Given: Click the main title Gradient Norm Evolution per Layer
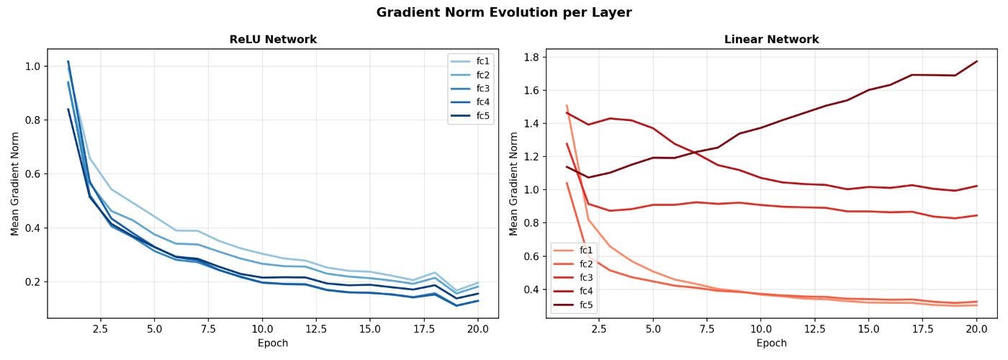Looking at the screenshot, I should (504, 12).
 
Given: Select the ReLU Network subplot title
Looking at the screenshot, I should (273, 40).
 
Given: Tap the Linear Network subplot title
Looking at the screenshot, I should (771, 40).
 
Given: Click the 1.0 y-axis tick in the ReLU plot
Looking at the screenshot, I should (32, 66).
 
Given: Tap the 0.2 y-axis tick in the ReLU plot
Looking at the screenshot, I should (32, 282).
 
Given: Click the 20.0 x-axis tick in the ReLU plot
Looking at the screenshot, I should (477, 328).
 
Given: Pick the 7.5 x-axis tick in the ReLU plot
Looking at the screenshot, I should (208, 328).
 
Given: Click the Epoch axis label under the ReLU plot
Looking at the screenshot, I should (273, 343).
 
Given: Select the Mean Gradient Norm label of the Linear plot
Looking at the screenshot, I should (513, 184).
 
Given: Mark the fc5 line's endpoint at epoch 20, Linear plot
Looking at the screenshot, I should (976, 61).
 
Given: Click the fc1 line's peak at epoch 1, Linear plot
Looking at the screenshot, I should (567, 105).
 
